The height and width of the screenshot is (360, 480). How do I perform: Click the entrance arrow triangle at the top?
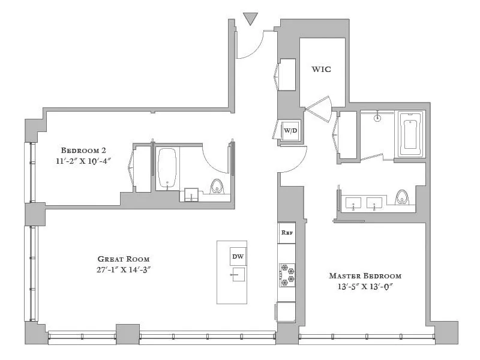point(251,19)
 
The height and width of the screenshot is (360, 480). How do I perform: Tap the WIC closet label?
point(321,69)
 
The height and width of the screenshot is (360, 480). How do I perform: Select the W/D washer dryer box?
point(290,130)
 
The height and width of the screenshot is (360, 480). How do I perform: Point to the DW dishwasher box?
point(238,257)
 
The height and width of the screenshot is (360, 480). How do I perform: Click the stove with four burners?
point(287,275)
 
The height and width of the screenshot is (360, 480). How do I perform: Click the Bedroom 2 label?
point(83,150)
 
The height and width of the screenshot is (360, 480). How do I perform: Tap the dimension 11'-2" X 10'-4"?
point(83,161)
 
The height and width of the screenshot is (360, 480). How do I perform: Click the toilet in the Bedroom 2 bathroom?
point(217,186)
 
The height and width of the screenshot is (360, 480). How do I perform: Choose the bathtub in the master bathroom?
point(411,134)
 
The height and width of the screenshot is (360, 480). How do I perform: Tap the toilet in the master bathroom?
point(401,197)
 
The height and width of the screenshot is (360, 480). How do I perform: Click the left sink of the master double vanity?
point(353,203)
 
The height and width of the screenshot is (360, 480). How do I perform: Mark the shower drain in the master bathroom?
point(377,118)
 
